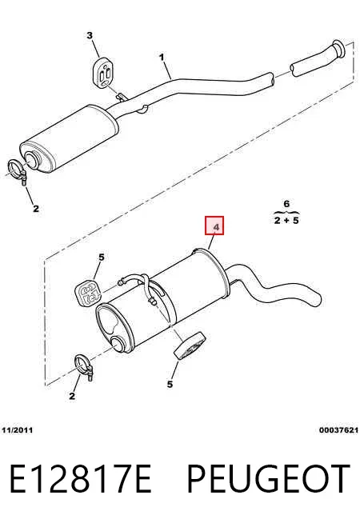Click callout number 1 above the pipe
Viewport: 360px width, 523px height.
coord(162,58)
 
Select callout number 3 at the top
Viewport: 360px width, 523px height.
coord(90,35)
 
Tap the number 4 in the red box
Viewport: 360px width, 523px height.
coord(216,228)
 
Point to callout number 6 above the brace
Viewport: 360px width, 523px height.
coord(286,203)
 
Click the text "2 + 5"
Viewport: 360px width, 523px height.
coord(286,220)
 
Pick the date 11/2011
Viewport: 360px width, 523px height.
coord(17,430)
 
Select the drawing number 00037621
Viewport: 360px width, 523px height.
coord(338,430)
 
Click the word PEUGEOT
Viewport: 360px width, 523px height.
coord(268,479)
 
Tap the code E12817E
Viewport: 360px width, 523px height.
coord(81,479)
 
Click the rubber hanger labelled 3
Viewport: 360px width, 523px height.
coord(103,73)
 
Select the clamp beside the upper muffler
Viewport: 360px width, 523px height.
coord(18,171)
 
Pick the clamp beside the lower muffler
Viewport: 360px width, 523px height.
coord(84,367)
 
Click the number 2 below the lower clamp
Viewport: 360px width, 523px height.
coord(72,396)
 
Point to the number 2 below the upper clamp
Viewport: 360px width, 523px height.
coord(36,209)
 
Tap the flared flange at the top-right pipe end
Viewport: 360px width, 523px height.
coord(338,48)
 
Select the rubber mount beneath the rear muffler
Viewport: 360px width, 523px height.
coord(189,346)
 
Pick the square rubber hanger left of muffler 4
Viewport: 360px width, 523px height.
coord(88,293)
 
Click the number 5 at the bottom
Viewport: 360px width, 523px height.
coord(170,384)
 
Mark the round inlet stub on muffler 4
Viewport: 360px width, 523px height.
coord(121,345)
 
